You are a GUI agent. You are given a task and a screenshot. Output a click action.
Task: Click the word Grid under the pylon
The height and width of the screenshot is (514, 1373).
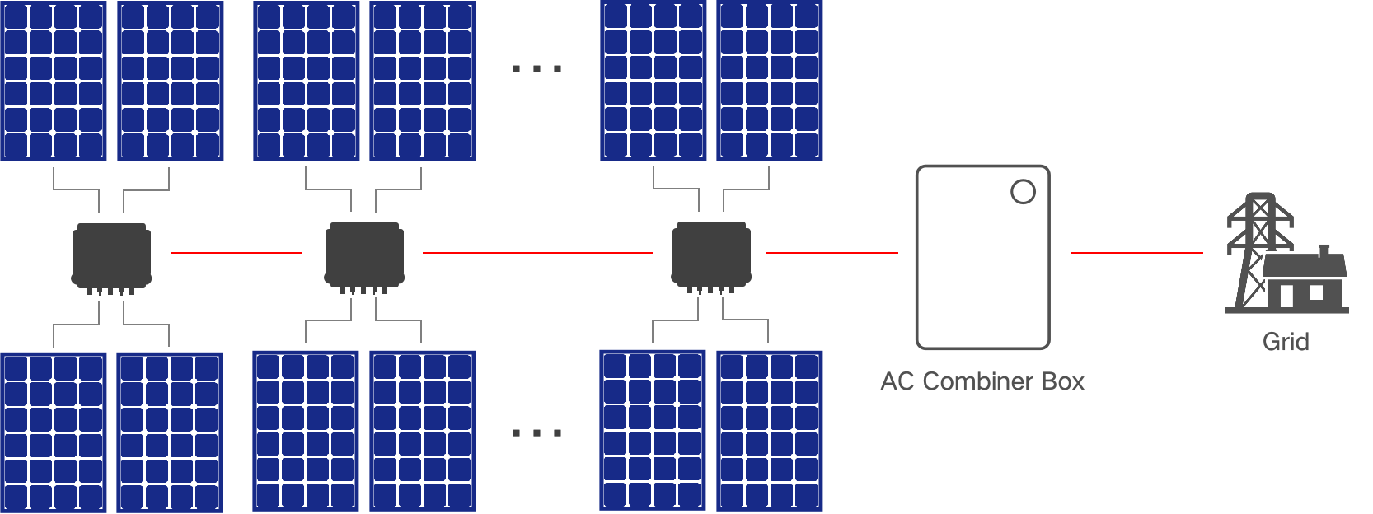[x=1286, y=342]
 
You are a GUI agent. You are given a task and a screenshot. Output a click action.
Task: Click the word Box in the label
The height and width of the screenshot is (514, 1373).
[x=1063, y=381]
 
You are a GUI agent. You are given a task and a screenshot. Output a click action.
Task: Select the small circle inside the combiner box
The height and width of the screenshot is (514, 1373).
[x=1023, y=192]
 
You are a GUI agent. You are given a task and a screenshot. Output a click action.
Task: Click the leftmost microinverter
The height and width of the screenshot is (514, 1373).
[x=111, y=256]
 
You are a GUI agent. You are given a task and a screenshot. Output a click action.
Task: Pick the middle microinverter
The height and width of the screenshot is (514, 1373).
[x=364, y=256]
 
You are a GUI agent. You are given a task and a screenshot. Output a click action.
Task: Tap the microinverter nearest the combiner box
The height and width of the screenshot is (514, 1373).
[x=711, y=256]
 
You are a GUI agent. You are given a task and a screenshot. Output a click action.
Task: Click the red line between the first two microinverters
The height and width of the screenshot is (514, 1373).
[x=237, y=253]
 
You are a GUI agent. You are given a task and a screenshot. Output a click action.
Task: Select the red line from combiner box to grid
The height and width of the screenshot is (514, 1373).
[x=1136, y=253]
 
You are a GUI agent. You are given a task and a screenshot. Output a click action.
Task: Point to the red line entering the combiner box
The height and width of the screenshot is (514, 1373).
[x=832, y=253]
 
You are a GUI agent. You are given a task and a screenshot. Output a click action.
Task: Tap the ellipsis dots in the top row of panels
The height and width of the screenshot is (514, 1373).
[x=537, y=69]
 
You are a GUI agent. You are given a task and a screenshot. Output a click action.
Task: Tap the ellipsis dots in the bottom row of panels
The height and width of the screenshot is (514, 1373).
[x=537, y=432]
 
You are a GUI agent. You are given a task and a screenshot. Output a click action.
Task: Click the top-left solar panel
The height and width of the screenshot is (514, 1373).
[x=54, y=81]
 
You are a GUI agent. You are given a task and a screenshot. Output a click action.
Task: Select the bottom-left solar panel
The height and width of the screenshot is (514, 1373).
[x=54, y=432]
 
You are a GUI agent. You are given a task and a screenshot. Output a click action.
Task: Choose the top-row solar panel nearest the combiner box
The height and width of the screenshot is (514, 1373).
[x=769, y=81]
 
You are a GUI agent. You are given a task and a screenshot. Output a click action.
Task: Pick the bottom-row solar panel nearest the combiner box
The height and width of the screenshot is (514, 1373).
[x=769, y=430]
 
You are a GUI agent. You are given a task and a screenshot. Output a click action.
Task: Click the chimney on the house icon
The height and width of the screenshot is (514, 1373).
[x=1324, y=250]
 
